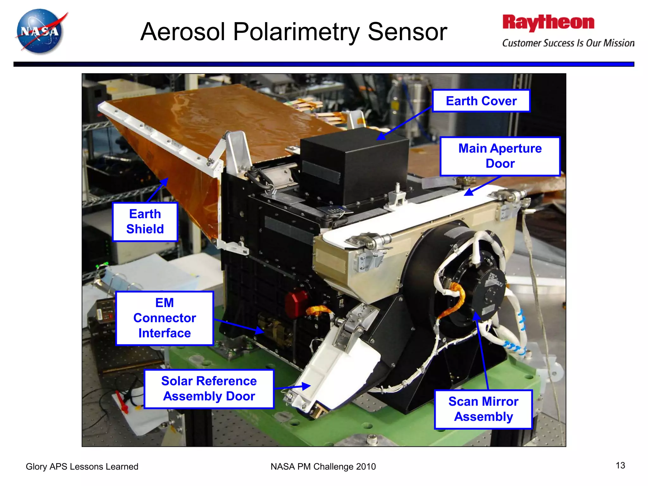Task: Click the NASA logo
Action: pyautogui.click(x=40, y=31)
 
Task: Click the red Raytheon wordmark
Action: pyautogui.click(x=548, y=23)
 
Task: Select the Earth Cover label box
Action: pyautogui.click(x=481, y=101)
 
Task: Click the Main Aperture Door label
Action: pyautogui.click(x=500, y=156)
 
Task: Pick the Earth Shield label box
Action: pyautogui.click(x=145, y=221)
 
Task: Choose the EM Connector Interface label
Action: pyautogui.click(x=165, y=318)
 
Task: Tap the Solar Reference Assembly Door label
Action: pyautogui.click(x=209, y=389)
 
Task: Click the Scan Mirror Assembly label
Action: pyautogui.click(x=483, y=409)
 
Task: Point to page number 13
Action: pyautogui.click(x=620, y=465)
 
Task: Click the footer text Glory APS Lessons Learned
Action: pyautogui.click(x=82, y=466)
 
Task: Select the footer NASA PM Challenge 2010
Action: pyautogui.click(x=323, y=466)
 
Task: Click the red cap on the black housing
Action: pyautogui.click(x=296, y=304)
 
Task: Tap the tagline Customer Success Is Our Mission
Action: pyautogui.click(x=568, y=43)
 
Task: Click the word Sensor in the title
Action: pyautogui.click(x=407, y=32)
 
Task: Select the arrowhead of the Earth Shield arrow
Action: pyautogui.click(x=165, y=181)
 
